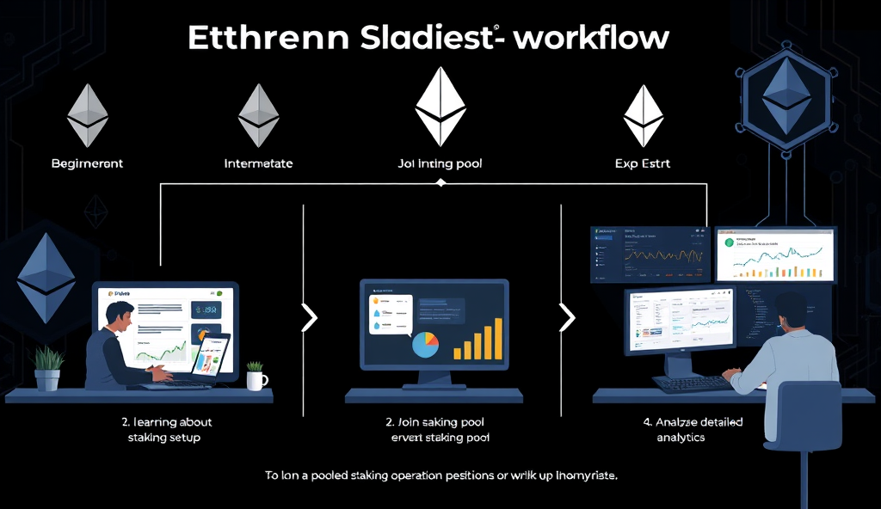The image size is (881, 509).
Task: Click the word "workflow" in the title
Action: coord(593,39)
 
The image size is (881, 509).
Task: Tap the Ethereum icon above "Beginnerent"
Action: coord(88,115)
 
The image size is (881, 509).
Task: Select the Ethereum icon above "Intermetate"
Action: coord(259,115)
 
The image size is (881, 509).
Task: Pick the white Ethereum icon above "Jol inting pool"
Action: coord(440,106)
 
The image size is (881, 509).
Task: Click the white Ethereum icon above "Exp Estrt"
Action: coord(644,115)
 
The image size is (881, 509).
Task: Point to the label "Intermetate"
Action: coord(258,163)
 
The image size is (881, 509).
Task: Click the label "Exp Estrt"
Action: coord(644,163)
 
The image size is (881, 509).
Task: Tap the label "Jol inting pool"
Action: coord(440,163)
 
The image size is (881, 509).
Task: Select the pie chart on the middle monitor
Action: coord(425,344)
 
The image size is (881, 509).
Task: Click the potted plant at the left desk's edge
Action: coord(49,368)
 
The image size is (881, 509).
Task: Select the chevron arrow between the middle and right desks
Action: coord(567,318)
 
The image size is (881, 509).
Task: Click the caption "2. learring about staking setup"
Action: coord(167,430)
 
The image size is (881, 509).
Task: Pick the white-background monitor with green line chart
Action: coord(775,254)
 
